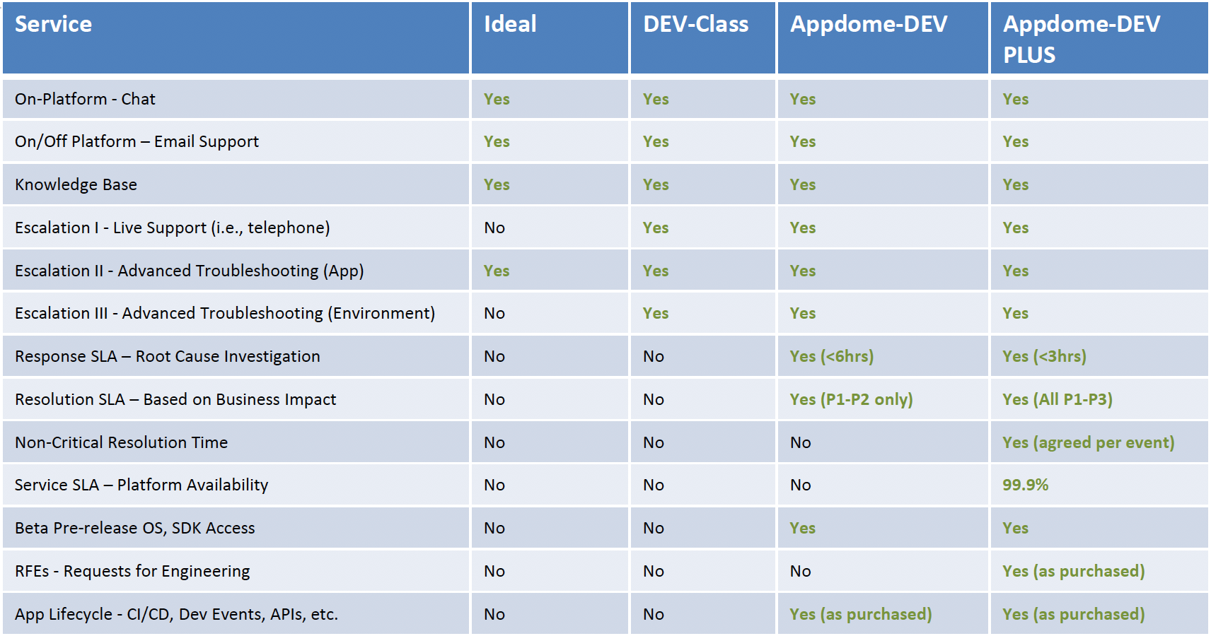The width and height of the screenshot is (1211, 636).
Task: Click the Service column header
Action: (x=53, y=24)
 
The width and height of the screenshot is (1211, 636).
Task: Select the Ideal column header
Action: (x=510, y=24)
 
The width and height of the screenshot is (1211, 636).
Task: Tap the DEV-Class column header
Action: (x=696, y=24)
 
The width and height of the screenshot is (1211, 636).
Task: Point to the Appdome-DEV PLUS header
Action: (x=1082, y=40)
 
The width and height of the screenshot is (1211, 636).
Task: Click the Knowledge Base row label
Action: (x=76, y=184)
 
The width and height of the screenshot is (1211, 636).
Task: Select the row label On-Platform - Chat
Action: (x=85, y=100)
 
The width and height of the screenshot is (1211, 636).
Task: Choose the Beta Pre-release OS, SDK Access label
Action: (x=134, y=528)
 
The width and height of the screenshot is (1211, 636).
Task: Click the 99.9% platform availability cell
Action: (x=1025, y=485)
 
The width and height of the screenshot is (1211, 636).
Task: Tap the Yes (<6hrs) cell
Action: (x=831, y=356)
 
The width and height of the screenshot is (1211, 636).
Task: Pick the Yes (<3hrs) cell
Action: (x=1045, y=356)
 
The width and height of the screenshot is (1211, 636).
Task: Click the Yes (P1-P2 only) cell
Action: (x=851, y=399)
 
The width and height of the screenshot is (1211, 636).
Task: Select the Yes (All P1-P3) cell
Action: (x=1058, y=399)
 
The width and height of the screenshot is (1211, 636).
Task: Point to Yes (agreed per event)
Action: (x=1089, y=442)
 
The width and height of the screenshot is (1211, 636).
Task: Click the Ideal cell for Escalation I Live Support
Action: (x=494, y=228)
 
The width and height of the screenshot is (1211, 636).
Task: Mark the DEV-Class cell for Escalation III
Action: (x=655, y=313)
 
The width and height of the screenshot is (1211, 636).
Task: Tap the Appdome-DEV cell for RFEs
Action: (x=800, y=571)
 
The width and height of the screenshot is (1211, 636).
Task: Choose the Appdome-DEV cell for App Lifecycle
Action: (x=861, y=614)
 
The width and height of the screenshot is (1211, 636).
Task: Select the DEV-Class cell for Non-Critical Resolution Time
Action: (x=653, y=442)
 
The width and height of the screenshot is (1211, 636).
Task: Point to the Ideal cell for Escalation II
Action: (x=497, y=271)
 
